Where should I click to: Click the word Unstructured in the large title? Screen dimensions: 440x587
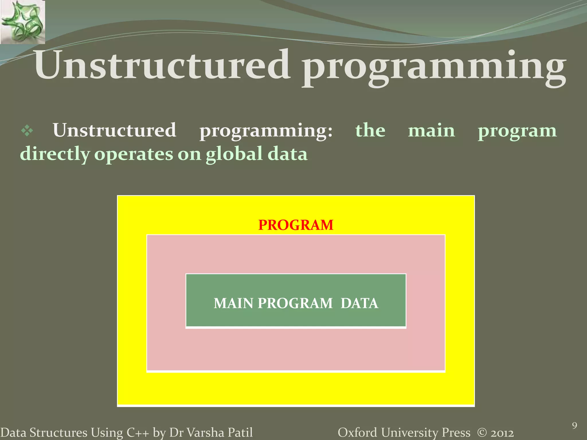[162, 65]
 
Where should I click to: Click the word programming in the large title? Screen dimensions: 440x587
[434, 67]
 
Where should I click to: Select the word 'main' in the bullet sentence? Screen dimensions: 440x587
[431, 131]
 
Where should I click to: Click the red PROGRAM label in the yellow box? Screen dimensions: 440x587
[296, 225]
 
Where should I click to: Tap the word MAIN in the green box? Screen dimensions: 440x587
[233, 303]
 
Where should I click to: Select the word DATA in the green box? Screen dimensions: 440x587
[359, 303]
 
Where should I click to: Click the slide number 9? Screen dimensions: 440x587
[574, 426]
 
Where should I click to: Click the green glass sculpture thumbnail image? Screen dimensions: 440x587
[22, 22]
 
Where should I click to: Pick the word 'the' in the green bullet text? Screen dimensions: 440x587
[370, 131]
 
